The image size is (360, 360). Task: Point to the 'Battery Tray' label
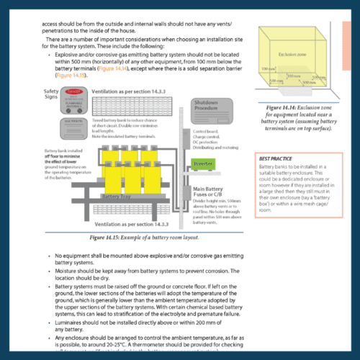[x=117, y=195]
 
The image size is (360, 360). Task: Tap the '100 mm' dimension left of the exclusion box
[x=267, y=68]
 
